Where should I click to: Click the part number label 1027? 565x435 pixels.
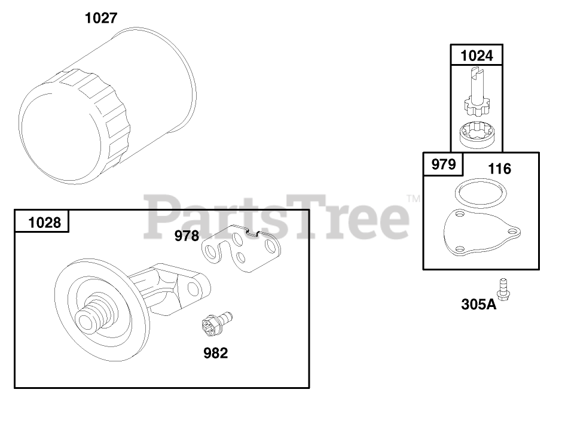tap(101, 18)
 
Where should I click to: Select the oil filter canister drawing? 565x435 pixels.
tap(108, 105)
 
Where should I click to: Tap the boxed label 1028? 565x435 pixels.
tap(45, 223)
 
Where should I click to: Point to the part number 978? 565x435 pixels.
tap(187, 236)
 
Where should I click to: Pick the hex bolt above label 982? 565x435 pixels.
tap(216, 322)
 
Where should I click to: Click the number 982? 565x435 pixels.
tap(215, 353)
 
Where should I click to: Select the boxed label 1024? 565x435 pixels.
tap(477, 56)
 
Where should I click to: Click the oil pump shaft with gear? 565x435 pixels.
tap(477, 92)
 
